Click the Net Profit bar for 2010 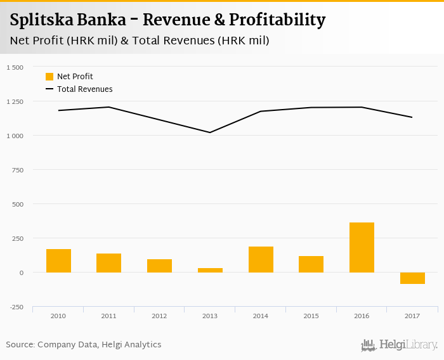(58, 260)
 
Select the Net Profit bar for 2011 (108, 263)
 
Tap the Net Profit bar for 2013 (210, 270)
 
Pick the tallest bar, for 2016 (362, 247)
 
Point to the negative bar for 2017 (412, 278)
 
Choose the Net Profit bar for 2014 (261, 259)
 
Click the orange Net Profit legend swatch (49, 77)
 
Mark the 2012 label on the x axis (159, 316)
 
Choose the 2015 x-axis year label (311, 316)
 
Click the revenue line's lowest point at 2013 (210, 132)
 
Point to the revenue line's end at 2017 (412, 117)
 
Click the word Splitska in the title (41, 20)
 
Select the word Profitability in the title (278, 20)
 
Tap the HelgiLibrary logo (399, 345)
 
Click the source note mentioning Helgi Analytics (84, 345)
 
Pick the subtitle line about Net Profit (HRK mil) (140, 41)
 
